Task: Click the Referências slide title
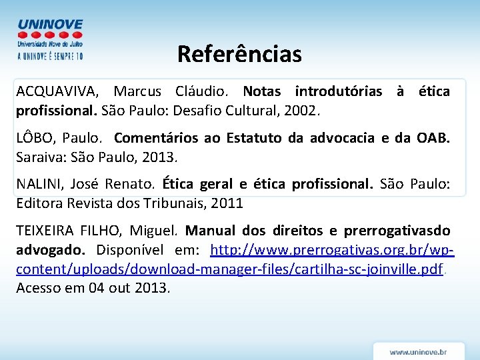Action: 239,54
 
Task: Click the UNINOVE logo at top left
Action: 50,39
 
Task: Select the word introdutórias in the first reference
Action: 339,91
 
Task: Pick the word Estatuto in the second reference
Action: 255,139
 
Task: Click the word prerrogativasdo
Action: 397,231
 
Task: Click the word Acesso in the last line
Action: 38,288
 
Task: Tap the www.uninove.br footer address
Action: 418,351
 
